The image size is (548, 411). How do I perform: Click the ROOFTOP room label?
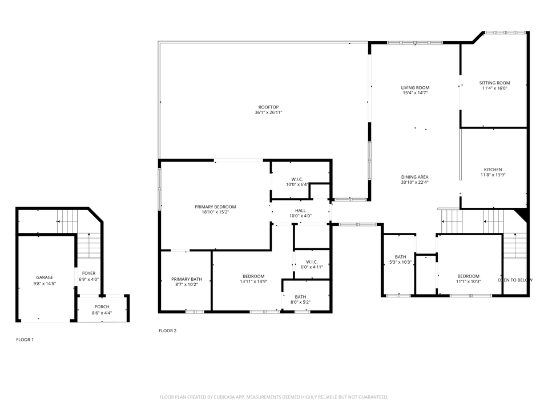268,107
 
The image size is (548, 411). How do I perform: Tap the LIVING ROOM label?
415,87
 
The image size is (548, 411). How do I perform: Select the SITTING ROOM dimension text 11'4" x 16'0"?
494,88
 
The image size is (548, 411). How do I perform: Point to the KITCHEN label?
493,170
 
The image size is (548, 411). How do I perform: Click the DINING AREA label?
415,177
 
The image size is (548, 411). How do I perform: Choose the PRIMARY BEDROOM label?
215,207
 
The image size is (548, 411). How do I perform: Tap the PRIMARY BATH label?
187,279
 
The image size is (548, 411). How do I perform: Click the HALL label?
300,211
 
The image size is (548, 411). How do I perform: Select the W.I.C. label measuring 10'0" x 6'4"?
296,179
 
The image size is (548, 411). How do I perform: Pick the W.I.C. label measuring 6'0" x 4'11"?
312,262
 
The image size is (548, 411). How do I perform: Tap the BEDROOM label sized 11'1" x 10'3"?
468,276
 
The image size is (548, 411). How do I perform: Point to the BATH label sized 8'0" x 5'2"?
300,296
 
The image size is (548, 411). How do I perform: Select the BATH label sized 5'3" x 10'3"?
400,256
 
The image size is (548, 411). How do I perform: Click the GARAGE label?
45,277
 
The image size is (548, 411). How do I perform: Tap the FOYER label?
88,273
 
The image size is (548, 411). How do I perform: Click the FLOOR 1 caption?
25,340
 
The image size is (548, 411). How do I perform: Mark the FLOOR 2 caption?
167,331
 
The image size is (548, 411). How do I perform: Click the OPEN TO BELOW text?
515,280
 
